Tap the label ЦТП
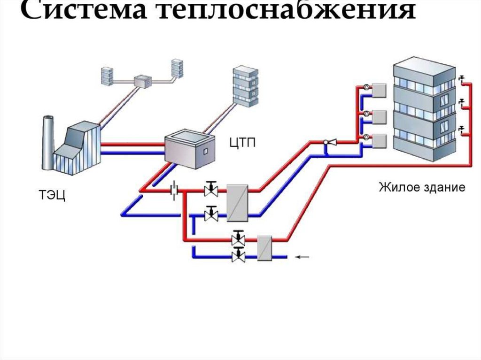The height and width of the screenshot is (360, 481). [243, 142]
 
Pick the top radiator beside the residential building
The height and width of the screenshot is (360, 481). [379, 90]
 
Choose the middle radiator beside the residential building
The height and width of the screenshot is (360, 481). [379, 116]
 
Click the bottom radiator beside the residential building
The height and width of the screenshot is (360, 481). [379, 140]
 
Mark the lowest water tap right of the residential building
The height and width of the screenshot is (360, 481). [462, 129]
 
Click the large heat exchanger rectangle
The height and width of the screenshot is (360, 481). [237, 202]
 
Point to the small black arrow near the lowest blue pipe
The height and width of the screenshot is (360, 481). [303, 257]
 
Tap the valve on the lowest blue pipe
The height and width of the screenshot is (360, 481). [239, 256]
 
